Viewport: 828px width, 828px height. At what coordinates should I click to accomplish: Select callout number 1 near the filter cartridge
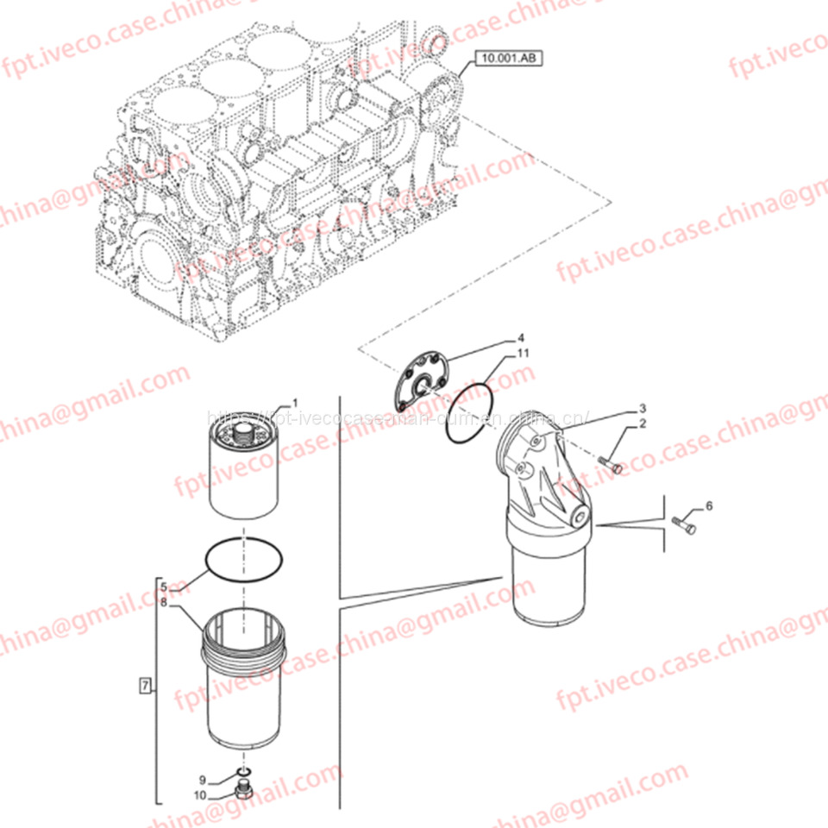(x=294, y=402)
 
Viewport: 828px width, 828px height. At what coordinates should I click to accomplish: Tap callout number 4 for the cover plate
(x=521, y=337)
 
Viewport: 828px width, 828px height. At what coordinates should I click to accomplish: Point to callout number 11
(x=524, y=354)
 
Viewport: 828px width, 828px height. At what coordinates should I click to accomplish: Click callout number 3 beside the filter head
(x=642, y=408)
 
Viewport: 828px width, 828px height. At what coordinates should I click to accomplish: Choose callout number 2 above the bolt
(x=642, y=424)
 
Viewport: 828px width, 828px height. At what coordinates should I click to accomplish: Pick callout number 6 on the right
(x=709, y=505)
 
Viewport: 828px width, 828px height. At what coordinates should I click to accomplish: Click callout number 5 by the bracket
(x=163, y=586)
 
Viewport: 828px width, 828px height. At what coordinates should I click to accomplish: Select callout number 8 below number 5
(x=163, y=602)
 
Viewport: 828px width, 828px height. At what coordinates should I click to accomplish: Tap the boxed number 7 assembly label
(x=145, y=687)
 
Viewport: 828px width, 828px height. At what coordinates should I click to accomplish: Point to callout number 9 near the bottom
(x=204, y=781)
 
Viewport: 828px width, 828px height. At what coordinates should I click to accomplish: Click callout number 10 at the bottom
(x=201, y=795)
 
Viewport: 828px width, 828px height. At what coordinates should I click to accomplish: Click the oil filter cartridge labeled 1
(x=247, y=470)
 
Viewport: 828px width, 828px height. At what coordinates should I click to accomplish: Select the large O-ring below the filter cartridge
(x=243, y=561)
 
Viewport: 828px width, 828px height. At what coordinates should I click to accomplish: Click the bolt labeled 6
(x=684, y=523)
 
